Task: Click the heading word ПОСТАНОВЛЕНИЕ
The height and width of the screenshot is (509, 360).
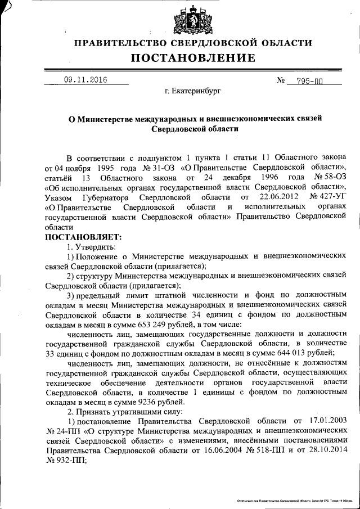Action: point(193,58)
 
